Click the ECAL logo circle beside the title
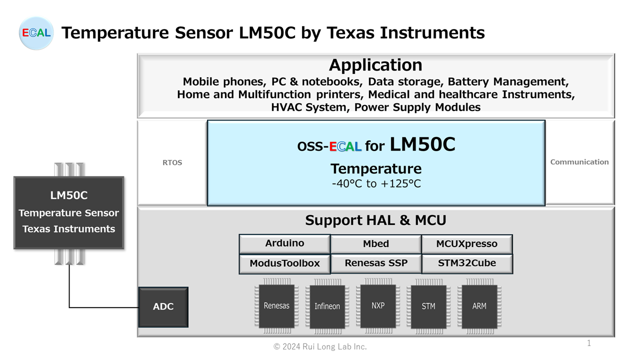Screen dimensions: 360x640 point(36,33)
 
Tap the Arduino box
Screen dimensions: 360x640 point(284,243)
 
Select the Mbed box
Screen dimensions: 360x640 point(375,244)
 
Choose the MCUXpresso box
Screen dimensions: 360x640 point(466,244)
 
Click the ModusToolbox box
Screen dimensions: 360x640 point(284,263)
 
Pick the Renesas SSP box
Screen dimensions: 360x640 point(375,263)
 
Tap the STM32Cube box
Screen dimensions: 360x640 point(466,263)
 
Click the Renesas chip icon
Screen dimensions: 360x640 point(276,306)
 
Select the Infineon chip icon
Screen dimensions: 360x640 point(327,306)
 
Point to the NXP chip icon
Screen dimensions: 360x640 point(378,305)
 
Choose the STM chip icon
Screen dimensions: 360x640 point(428,306)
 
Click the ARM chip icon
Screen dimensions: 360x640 point(479,306)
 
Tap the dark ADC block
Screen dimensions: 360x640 point(163,307)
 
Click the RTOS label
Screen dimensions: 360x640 point(172,162)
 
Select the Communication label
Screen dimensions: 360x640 point(579,162)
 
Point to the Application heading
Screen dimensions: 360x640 point(375,65)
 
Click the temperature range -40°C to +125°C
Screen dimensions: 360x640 point(376,184)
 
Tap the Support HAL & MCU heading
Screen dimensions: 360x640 point(375,220)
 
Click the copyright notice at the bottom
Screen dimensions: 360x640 point(320,346)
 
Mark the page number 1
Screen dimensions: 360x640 point(589,343)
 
